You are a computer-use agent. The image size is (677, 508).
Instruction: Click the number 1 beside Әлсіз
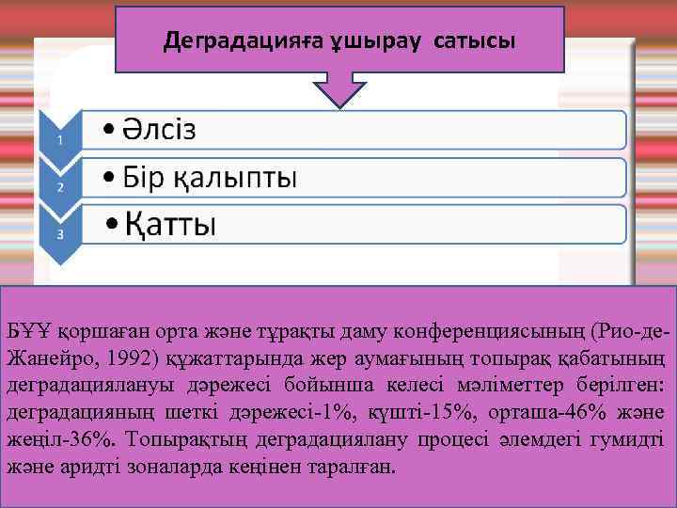[60, 140]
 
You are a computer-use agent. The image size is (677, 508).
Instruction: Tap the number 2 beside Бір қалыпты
[60, 187]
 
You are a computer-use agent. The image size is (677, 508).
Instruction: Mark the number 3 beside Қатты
[60, 234]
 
